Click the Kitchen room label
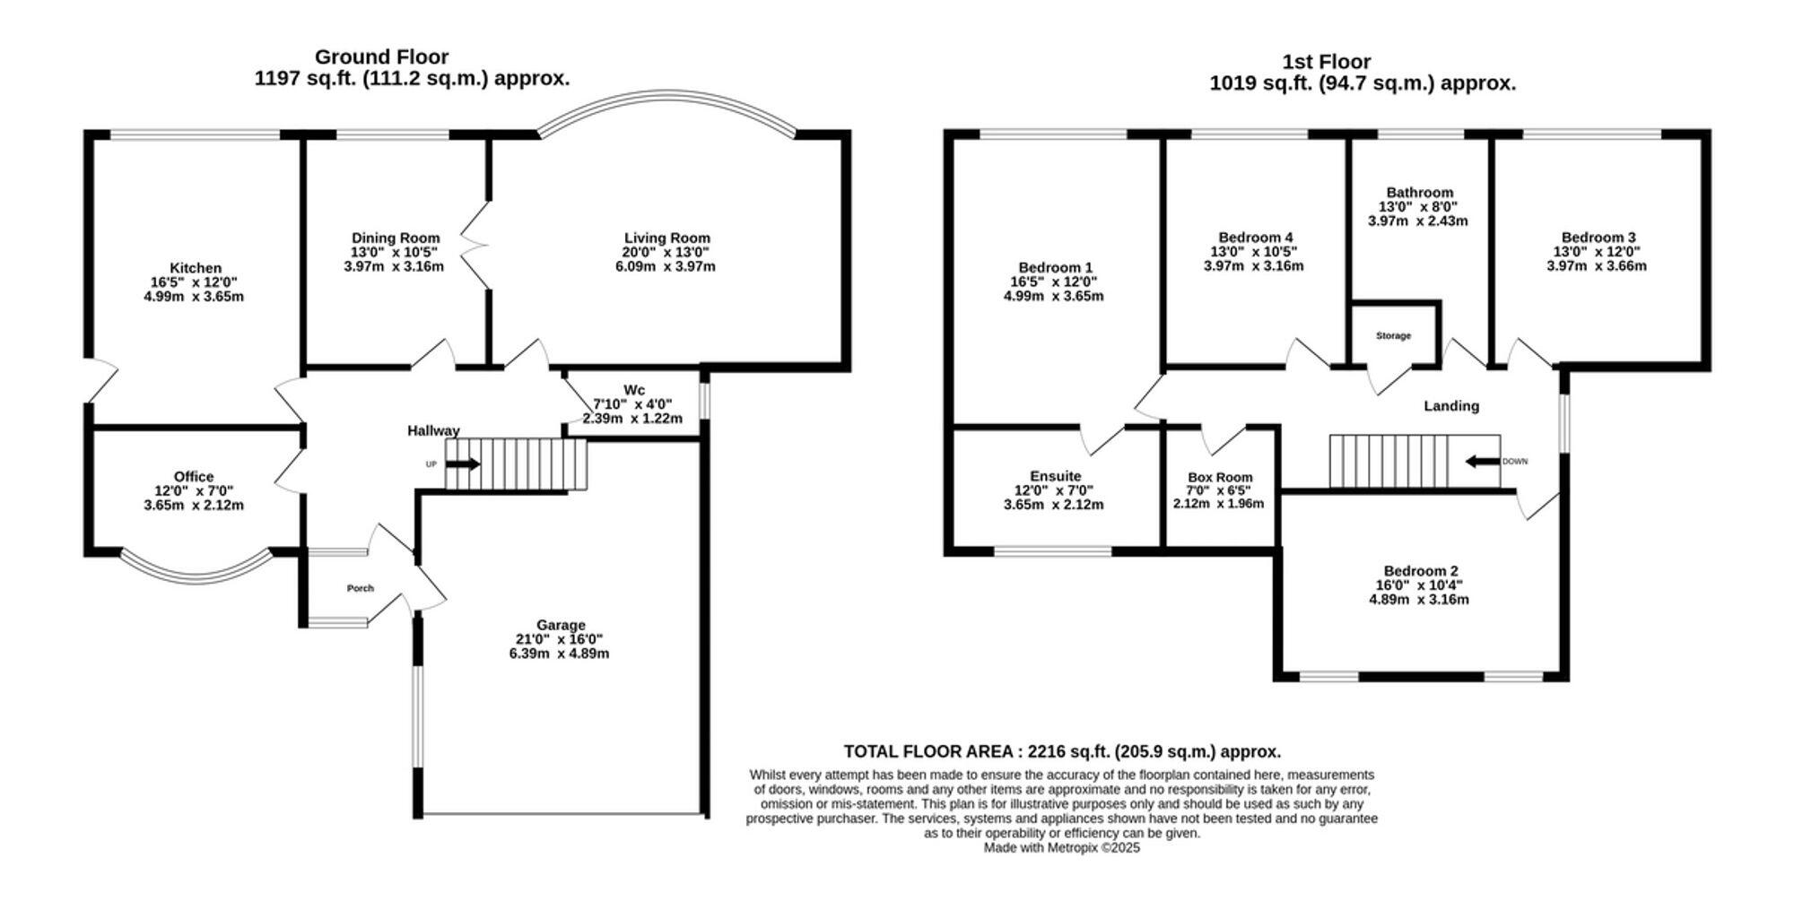click(196, 268)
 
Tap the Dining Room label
click(396, 238)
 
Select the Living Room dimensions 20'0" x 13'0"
click(667, 252)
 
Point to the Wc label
click(634, 390)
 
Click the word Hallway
click(433, 431)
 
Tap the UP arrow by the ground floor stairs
click(463, 464)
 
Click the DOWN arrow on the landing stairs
click(1483, 462)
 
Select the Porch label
click(361, 588)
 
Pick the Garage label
click(561, 625)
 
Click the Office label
click(194, 477)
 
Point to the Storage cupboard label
click(1394, 336)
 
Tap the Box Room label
click(1220, 478)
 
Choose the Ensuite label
click(1056, 476)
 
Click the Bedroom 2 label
click(1421, 571)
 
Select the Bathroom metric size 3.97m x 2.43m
click(1418, 221)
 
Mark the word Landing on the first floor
click(1451, 406)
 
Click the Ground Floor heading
click(381, 57)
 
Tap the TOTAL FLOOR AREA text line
click(1062, 752)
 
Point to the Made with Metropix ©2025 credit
click(1062, 847)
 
